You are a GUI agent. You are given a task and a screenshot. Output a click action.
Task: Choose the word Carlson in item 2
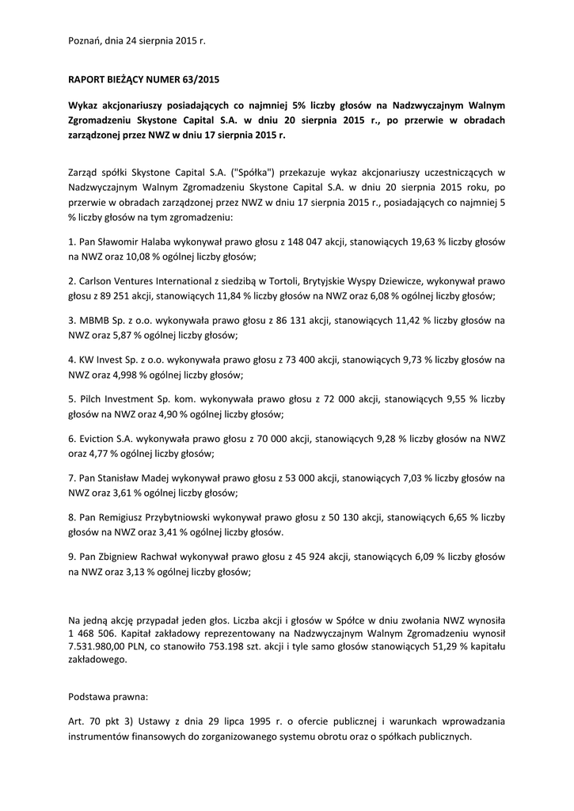click(98, 280)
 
